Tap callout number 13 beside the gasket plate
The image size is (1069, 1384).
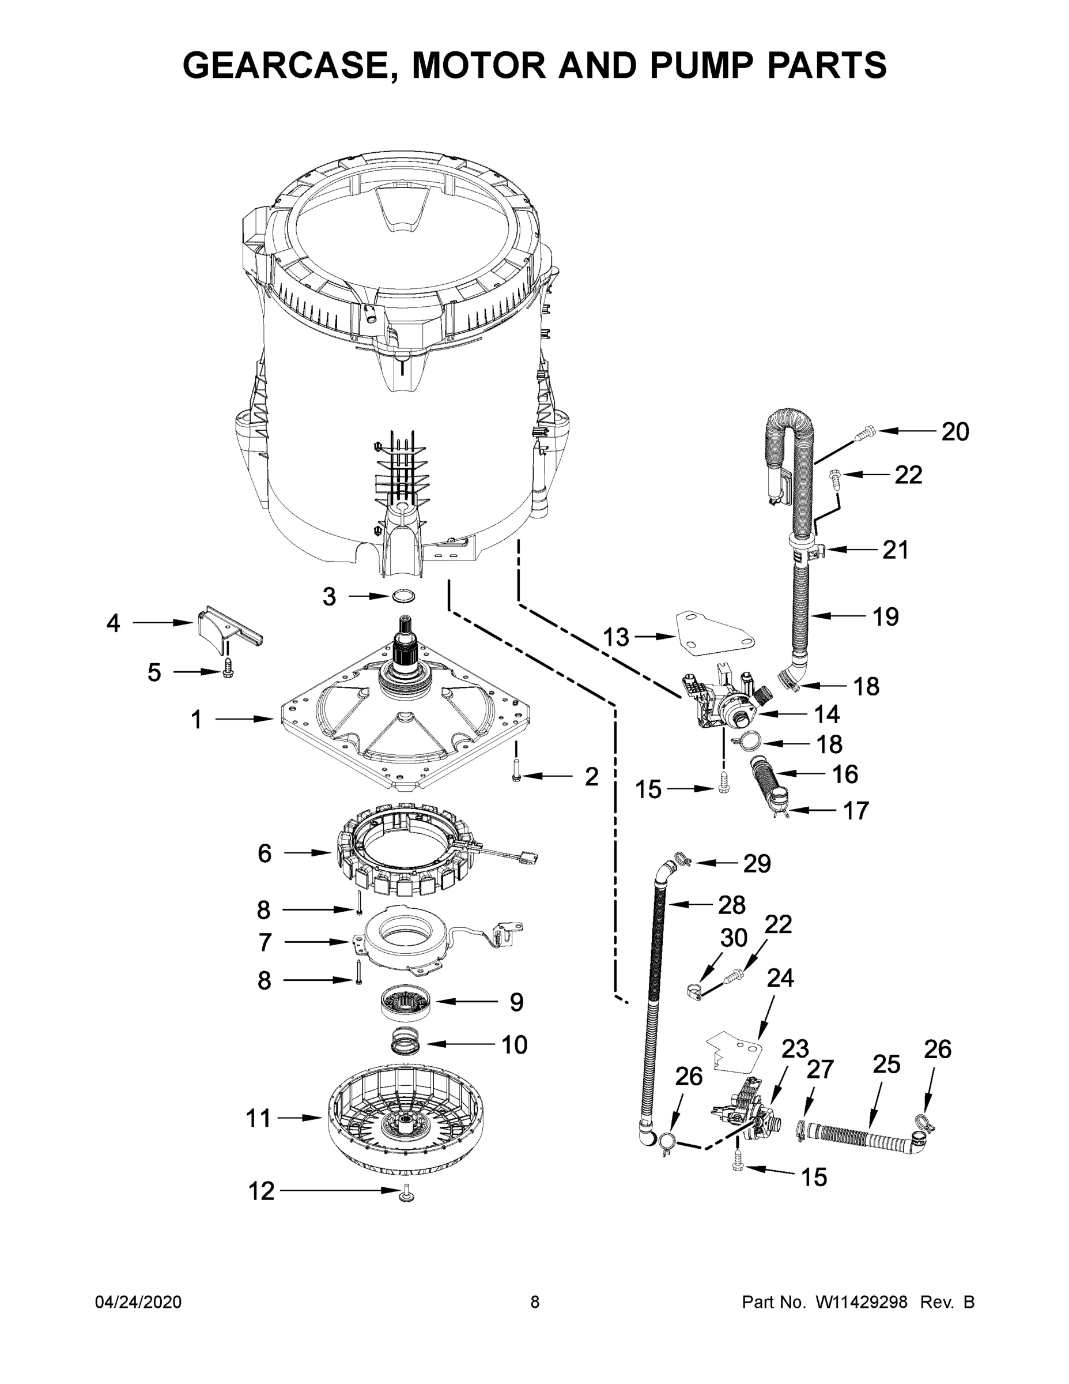tap(615, 637)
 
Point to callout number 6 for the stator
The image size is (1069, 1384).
tap(264, 853)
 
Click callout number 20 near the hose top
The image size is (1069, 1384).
tap(955, 431)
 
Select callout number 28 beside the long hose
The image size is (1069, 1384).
tap(731, 905)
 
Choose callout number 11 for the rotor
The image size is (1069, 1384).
tap(258, 1119)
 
